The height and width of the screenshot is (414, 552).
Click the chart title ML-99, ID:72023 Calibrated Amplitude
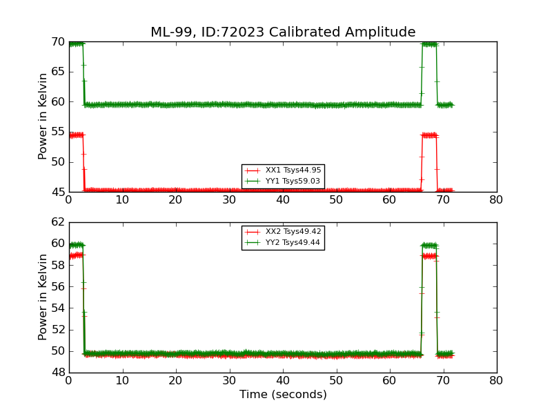pyautogui.click(x=283, y=32)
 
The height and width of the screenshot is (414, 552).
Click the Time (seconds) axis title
pyautogui.click(x=283, y=395)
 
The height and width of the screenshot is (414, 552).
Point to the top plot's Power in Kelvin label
pyautogui.click(x=43, y=116)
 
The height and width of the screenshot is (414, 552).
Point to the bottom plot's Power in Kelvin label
pyautogui.click(x=43, y=297)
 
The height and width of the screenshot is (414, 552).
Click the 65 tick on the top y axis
pyautogui.click(x=58, y=72)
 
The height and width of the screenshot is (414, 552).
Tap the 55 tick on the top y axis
pyautogui.click(x=58, y=132)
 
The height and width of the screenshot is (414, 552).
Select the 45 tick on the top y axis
pyautogui.click(x=58, y=192)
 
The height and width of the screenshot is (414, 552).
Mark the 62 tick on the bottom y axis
pyautogui.click(x=58, y=222)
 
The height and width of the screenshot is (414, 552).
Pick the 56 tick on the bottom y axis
pyautogui.click(x=58, y=286)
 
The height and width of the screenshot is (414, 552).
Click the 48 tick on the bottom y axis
pyautogui.click(x=58, y=373)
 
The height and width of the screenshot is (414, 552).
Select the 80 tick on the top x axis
pyautogui.click(x=496, y=200)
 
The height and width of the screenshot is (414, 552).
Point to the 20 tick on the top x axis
pyautogui.click(x=176, y=200)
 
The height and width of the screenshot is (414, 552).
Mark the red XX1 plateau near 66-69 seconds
pyautogui.click(x=429, y=135)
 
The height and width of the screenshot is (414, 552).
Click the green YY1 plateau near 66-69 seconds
pyautogui.click(x=429, y=44)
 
